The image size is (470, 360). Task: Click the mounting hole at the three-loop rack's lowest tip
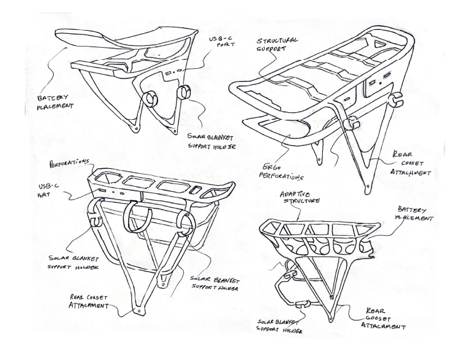pos(138,312)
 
